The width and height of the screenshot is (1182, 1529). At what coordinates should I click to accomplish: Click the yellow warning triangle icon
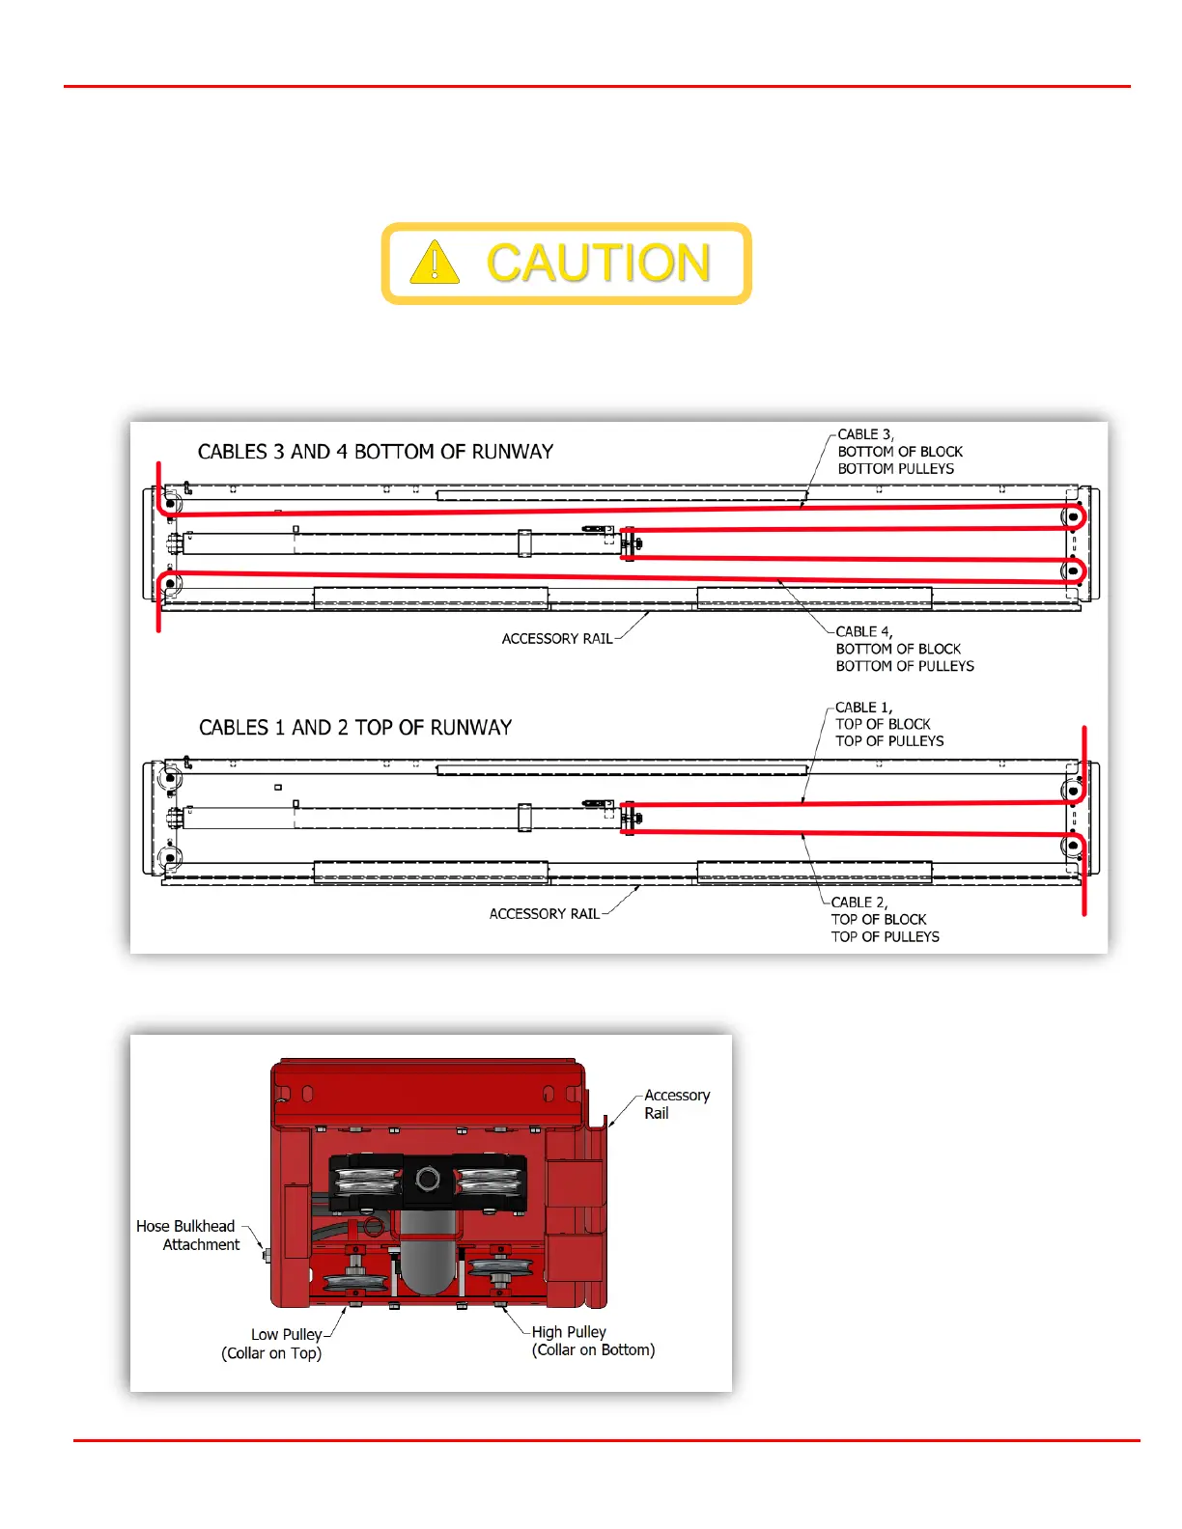point(435,263)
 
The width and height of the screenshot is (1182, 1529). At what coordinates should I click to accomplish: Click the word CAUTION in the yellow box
point(599,264)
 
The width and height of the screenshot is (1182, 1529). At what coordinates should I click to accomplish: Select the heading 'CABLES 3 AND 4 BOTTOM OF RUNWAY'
point(376,452)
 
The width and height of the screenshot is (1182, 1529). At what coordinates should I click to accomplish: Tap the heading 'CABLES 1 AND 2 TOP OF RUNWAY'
point(355,728)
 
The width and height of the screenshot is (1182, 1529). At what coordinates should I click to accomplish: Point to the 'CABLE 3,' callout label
point(865,434)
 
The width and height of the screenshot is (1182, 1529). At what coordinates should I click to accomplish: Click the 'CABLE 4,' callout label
point(863,631)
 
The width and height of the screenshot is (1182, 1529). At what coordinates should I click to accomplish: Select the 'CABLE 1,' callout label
point(863,708)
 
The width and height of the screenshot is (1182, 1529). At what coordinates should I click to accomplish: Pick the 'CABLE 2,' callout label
point(858,903)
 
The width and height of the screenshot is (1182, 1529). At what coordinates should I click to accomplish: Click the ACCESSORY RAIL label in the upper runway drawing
point(557,639)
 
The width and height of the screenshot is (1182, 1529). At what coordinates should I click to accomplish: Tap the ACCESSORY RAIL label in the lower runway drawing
point(544,914)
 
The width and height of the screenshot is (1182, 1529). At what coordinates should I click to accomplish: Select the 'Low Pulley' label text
point(286,1335)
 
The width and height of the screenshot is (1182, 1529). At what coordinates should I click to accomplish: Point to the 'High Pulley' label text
point(569,1332)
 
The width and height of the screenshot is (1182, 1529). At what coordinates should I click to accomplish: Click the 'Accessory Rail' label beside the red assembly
point(676,1104)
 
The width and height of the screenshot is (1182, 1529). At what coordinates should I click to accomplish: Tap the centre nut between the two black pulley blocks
point(428,1179)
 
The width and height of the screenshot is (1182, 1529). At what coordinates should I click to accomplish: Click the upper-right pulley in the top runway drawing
point(1073,516)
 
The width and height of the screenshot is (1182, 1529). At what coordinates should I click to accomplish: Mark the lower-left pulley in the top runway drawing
point(170,584)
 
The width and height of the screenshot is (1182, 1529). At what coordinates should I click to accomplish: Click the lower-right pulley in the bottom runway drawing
point(1073,847)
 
